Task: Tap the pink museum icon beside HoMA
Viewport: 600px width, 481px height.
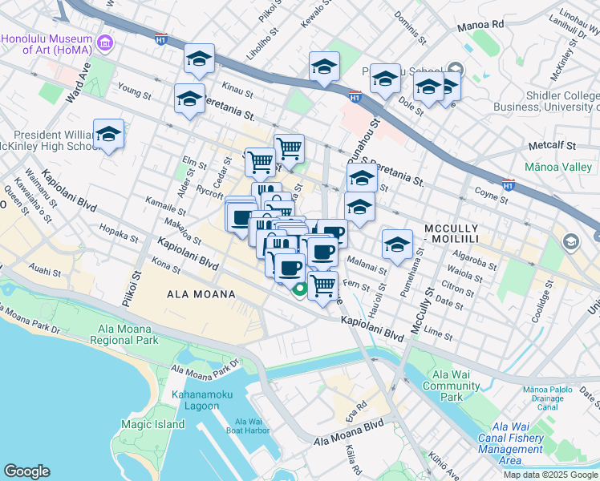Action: pyautogui.click(x=103, y=42)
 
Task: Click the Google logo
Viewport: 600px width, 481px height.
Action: pyautogui.click(x=27, y=471)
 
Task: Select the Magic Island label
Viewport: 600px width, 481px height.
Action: pyautogui.click(x=148, y=424)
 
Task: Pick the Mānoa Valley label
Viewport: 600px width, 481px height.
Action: pyautogui.click(x=556, y=168)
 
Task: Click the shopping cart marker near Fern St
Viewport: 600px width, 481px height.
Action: pyautogui.click(x=322, y=285)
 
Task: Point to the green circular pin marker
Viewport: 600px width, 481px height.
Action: pyautogui.click(x=300, y=290)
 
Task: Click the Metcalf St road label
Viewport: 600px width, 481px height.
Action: pyautogui.click(x=553, y=147)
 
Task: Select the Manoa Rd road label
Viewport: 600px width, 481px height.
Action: pyautogui.click(x=480, y=26)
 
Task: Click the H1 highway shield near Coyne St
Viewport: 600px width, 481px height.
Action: pyautogui.click(x=507, y=184)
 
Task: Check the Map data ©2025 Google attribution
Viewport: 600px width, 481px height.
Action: pyautogui.click(x=549, y=475)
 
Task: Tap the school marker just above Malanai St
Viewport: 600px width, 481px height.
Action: pyautogui.click(x=397, y=245)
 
